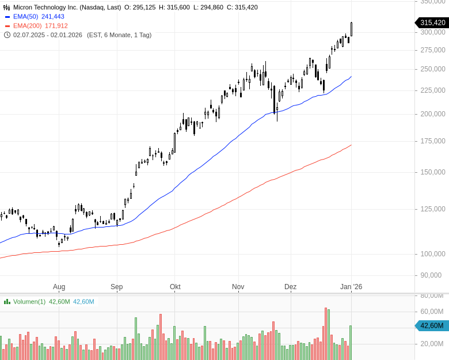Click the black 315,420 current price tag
[x=431, y=22]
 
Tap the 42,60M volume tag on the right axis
[x=431, y=325]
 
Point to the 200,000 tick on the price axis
[x=432, y=114]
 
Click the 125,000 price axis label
[x=432, y=209]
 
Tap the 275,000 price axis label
[x=432, y=51]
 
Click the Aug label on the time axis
[x=59, y=286]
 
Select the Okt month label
[x=175, y=286]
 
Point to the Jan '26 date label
[x=351, y=286]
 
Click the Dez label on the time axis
[x=290, y=286]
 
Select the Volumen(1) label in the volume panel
[x=29, y=302]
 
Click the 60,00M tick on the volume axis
[x=432, y=312]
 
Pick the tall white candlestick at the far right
[x=352, y=29]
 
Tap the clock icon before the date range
[x=7, y=35]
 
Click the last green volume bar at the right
[x=350, y=343]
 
